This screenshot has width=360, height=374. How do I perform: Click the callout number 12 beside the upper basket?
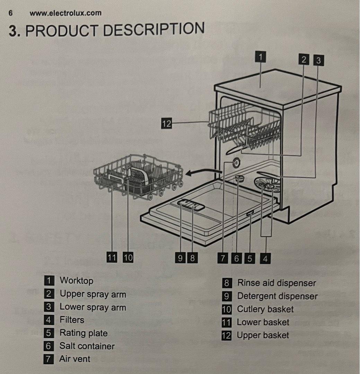click(166, 123)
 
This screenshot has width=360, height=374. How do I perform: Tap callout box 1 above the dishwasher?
click(260, 57)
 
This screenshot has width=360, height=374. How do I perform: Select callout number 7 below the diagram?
click(222, 258)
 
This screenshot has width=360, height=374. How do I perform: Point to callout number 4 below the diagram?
click(265, 259)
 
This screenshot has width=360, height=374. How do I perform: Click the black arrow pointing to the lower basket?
click(204, 172)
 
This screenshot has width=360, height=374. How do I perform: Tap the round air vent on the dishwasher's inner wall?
click(236, 163)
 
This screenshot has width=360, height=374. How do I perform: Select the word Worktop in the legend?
click(76, 280)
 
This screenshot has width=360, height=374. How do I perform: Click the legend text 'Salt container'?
click(87, 346)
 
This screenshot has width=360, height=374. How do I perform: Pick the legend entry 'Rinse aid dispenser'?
click(276, 283)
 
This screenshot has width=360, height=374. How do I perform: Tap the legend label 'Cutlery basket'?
click(265, 309)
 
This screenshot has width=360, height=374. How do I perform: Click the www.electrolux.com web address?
click(65, 13)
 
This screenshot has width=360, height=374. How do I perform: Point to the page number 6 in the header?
click(10, 13)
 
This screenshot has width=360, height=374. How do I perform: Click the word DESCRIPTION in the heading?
click(154, 29)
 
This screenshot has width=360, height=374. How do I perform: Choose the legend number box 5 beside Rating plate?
click(49, 333)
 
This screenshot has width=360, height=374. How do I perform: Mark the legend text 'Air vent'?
click(75, 359)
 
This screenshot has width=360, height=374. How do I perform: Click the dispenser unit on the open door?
click(191, 204)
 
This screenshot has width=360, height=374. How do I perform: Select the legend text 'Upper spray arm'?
click(93, 294)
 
